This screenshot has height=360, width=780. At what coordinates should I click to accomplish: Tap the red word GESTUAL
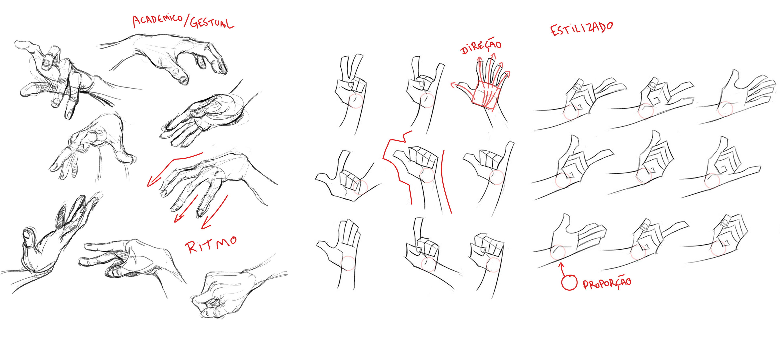pyautogui.click(x=212, y=23)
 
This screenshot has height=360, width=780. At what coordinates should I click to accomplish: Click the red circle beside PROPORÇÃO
pyautogui.click(x=569, y=282)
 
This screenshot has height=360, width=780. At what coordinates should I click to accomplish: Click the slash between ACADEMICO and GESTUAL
pyautogui.click(x=186, y=21)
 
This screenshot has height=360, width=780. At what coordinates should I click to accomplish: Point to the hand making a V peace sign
pyautogui.click(x=351, y=91)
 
